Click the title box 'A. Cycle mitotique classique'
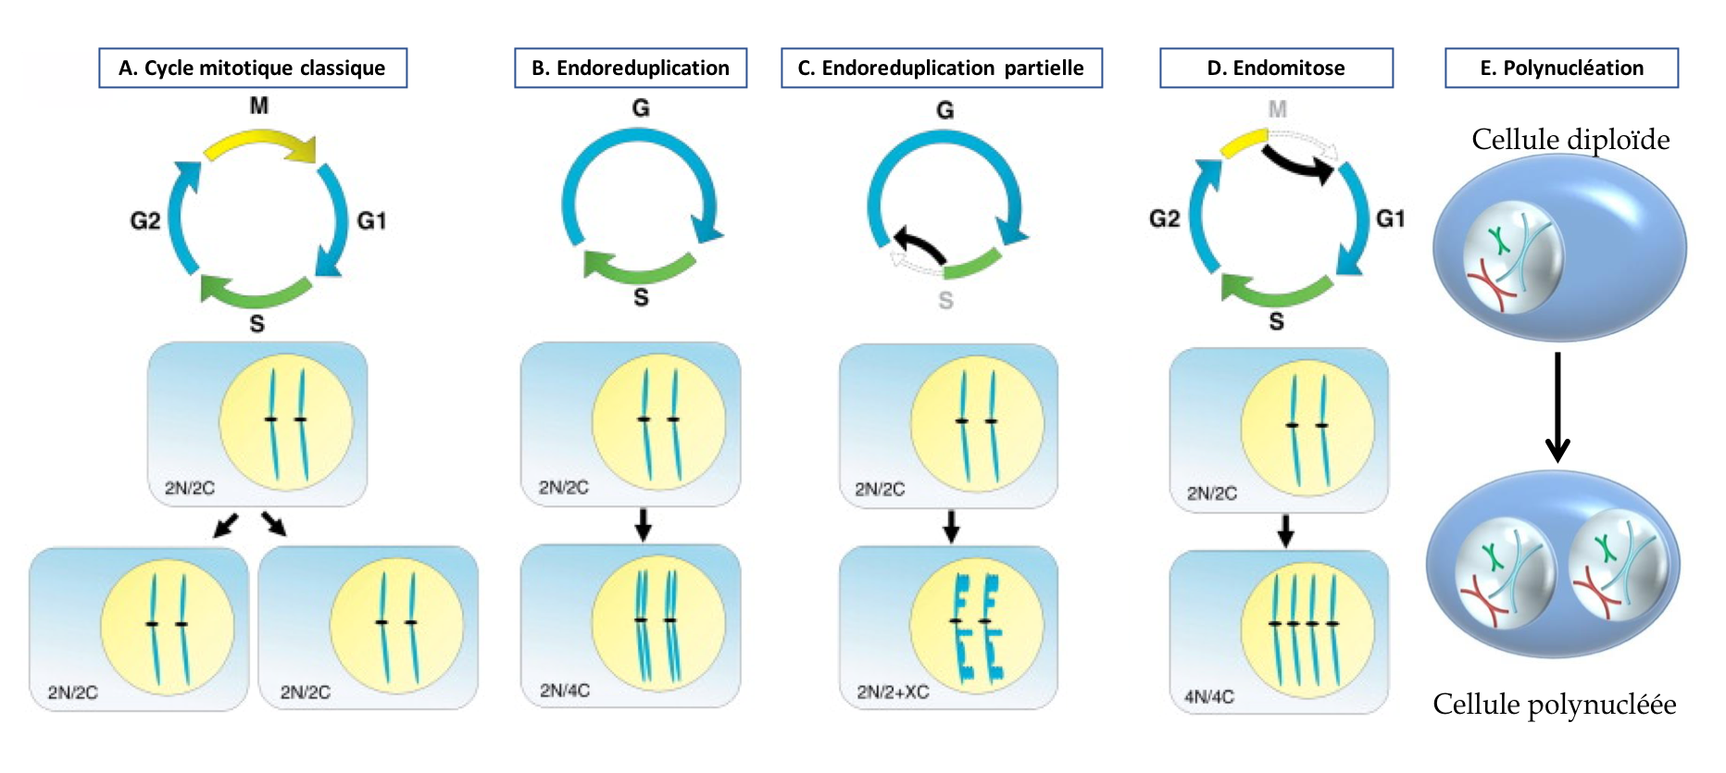252,68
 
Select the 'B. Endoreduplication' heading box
630,68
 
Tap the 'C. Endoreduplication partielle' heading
941,68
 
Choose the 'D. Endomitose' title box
1275,68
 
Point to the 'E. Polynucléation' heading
1561,68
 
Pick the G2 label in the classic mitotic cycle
145,220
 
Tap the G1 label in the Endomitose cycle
1390,218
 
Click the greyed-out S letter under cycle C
945,301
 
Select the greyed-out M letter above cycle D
1277,109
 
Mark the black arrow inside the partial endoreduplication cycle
919,244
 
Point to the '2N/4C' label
564,691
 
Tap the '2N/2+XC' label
893,692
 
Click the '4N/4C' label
1208,696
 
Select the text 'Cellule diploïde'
1570,139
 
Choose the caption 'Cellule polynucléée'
1554,704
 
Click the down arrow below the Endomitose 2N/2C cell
1285,530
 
